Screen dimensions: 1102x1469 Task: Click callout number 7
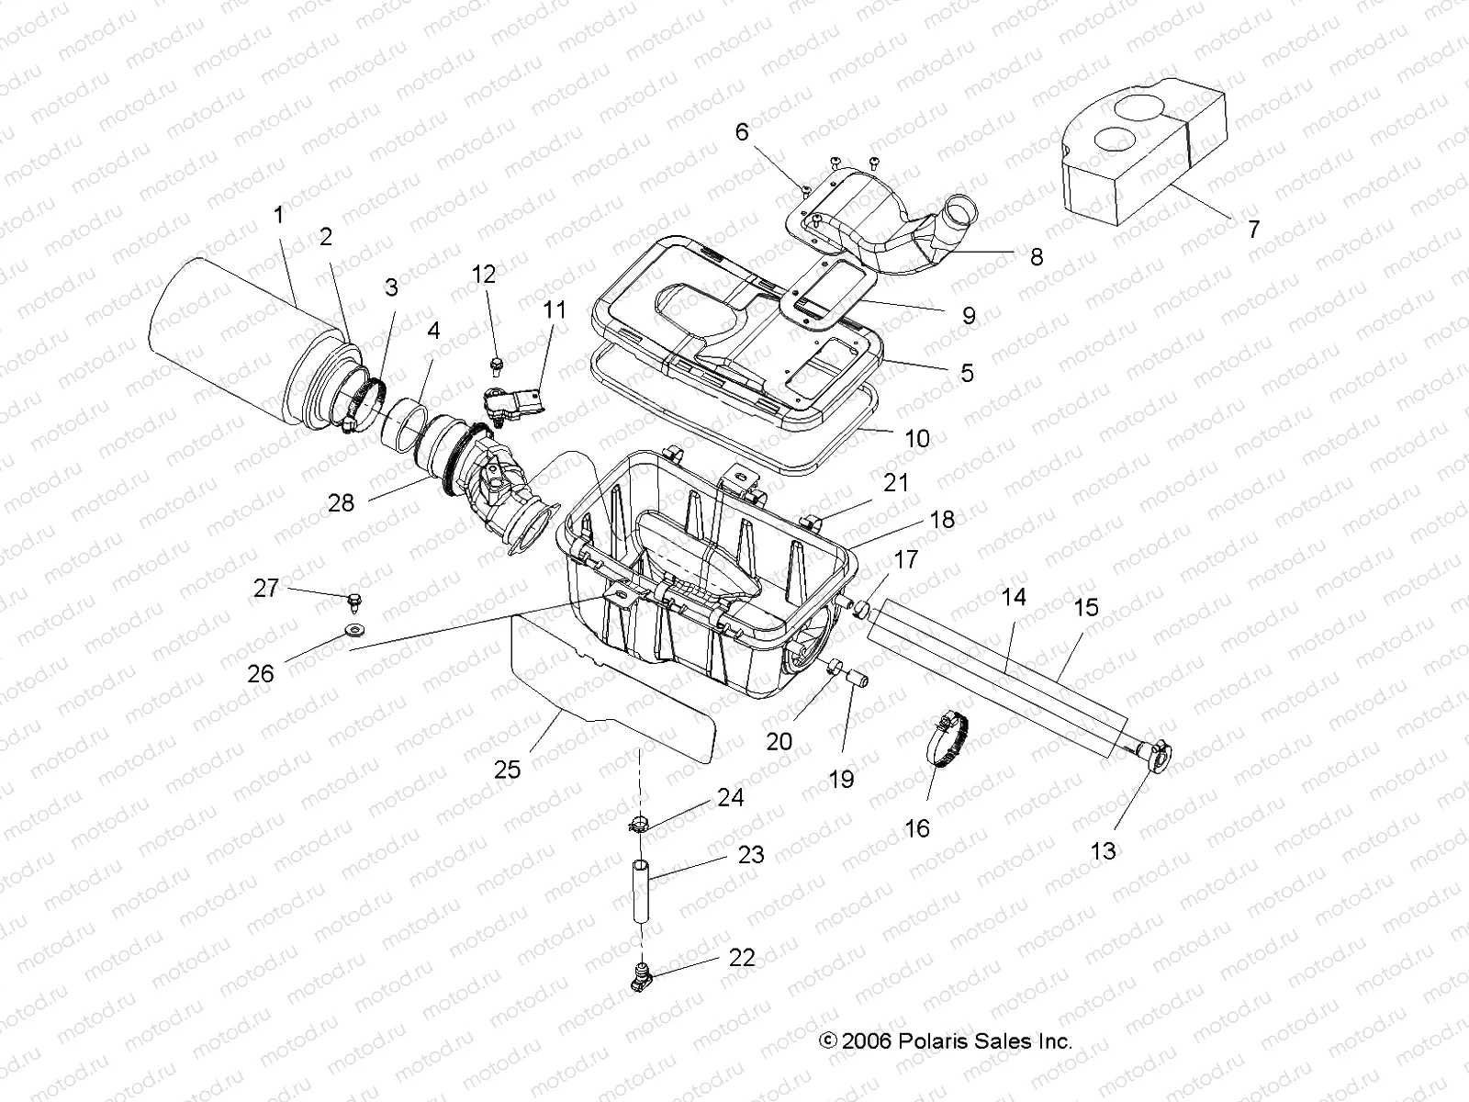(1253, 229)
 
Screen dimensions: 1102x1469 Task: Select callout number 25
(507, 770)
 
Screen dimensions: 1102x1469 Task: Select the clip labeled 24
(641, 824)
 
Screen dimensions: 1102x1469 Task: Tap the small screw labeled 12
(497, 363)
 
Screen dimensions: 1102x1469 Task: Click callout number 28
(341, 503)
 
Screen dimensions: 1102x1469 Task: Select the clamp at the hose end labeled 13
(1156, 755)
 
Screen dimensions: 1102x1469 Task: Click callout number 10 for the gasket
(917, 438)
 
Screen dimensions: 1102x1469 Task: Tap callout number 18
(942, 520)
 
